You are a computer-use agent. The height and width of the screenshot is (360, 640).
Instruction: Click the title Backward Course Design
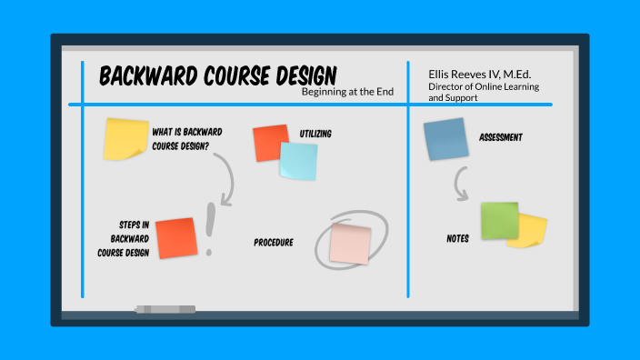coord(217,75)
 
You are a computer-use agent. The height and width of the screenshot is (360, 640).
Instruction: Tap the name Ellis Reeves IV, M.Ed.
coord(479,74)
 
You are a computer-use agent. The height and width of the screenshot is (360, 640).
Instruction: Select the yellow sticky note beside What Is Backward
coord(125,138)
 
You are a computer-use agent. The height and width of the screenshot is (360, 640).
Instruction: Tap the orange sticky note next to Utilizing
coord(270,142)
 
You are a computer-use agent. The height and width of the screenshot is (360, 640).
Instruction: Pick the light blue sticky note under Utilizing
coord(298,161)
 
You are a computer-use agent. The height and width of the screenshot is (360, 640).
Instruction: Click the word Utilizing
coord(315,134)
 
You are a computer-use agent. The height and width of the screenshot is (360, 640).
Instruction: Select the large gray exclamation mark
coord(211,226)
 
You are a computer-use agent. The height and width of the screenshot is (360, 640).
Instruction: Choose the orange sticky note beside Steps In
coord(176,237)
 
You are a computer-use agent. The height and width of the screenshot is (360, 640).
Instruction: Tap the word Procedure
coord(274,243)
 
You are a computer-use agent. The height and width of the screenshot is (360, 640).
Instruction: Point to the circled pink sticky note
coord(350,244)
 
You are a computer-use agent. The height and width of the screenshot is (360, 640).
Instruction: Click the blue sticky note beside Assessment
coord(445,140)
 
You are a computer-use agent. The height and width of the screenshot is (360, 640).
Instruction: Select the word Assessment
coord(501,138)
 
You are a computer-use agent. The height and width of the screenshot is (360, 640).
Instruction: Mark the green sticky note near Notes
coord(499,221)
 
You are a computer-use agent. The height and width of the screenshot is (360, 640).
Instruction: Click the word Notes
coord(457,239)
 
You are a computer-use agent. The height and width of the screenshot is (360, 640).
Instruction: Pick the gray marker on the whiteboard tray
coord(165,309)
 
